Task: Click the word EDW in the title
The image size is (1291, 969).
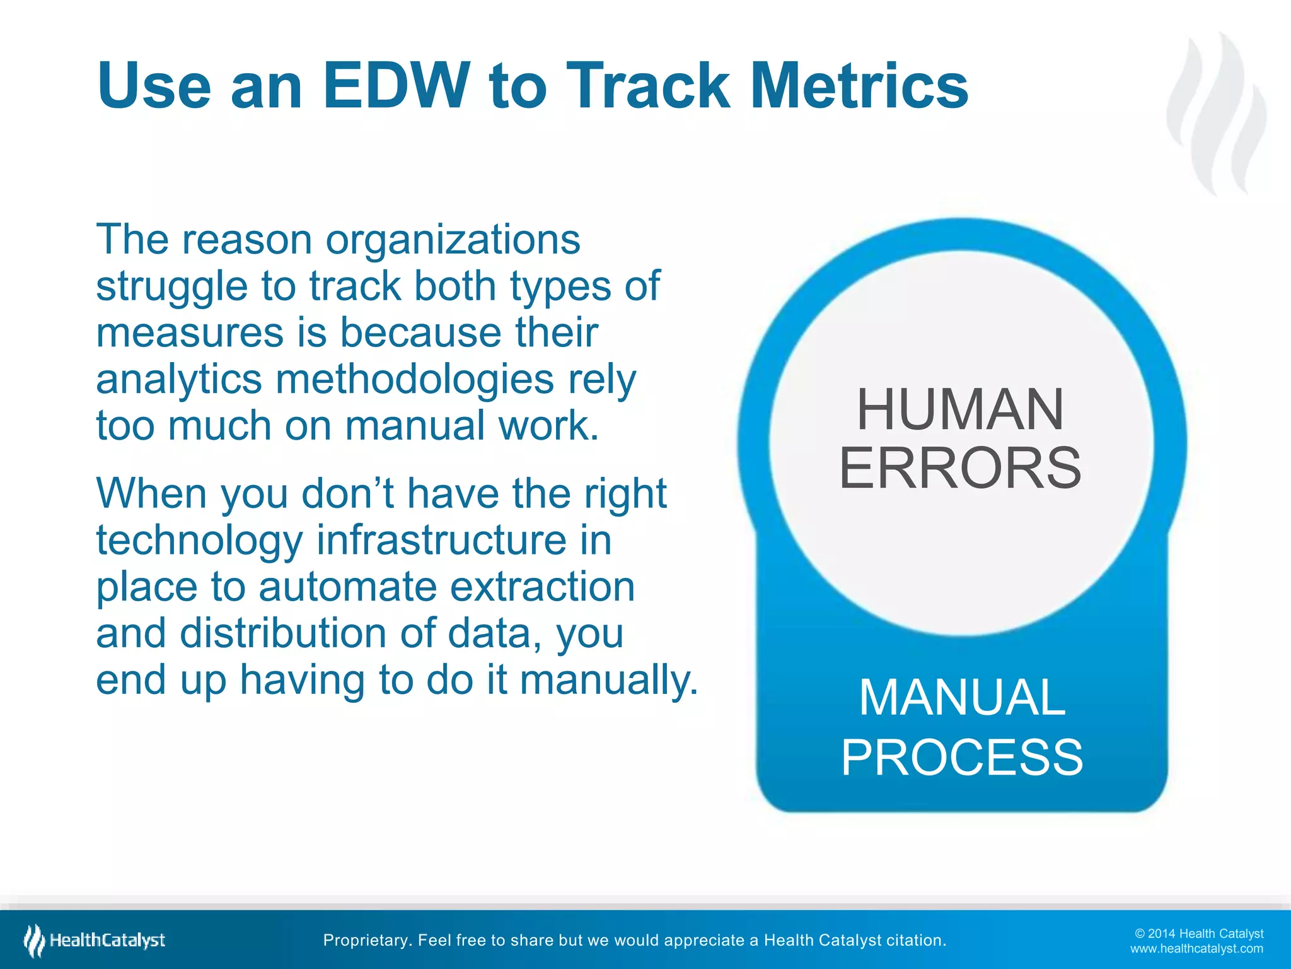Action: [397, 85]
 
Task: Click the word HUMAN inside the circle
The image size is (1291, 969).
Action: [960, 410]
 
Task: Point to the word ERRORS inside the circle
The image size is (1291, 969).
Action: [960, 468]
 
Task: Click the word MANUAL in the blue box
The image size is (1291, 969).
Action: [962, 698]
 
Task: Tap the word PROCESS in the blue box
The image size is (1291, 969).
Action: [962, 758]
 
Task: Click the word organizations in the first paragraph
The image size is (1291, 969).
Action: [452, 241]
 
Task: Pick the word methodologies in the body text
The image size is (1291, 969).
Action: [415, 380]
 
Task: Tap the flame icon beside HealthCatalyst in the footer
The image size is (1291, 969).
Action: [34, 940]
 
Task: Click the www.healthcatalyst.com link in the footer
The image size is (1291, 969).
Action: [1196, 949]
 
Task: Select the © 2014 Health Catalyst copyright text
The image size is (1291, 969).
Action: [1198, 934]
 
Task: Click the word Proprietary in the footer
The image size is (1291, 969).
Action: [366, 941]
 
